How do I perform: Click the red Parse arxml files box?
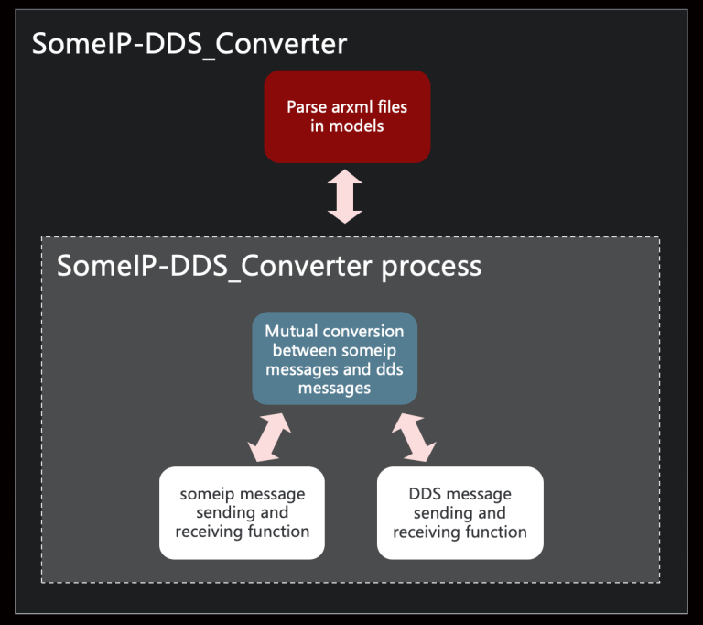pyautogui.click(x=347, y=116)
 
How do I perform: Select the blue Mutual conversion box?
pyautogui.click(x=334, y=358)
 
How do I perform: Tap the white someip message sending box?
pyautogui.click(x=242, y=512)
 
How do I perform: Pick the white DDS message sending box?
pyautogui.click(x=460, y=512)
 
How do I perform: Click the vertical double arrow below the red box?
pyautogui.click(x=345, y=195)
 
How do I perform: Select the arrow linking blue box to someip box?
pyautogui.click(x=269, y=438)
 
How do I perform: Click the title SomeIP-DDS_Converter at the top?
pyautogui.click(x=189, y=43)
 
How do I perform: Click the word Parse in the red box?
pyautogui.click(x=306, y=107)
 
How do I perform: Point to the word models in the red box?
pyautogui.click(x=360, y=126)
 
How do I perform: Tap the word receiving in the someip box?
pyautogui.click(x=204, y=532)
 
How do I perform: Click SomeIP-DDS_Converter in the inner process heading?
pyautogui.click(x=214, y=266)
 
